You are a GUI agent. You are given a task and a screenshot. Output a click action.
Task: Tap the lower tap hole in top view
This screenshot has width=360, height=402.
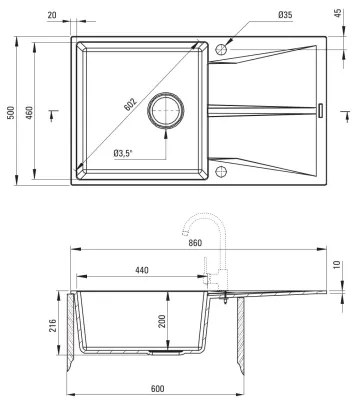[x=221, y=172]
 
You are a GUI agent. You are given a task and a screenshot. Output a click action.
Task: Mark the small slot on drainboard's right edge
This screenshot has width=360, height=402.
[x=322, y=106]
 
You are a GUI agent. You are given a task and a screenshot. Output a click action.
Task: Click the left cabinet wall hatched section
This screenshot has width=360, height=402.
[x=74, y=325]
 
